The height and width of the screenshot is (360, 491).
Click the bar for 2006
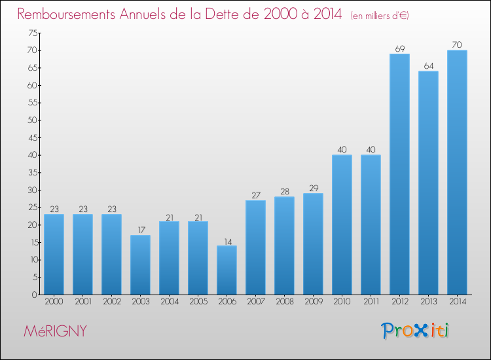tap(227, 270)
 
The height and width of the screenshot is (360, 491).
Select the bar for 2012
tap(399, 174)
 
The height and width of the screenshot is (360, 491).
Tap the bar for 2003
tap(140, 265)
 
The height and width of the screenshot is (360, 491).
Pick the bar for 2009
tap(313, 244)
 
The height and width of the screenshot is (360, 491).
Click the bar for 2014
tap(457, 172)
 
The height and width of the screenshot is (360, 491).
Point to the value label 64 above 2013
tap(429, 66)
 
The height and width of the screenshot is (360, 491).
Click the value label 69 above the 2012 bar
tap(400, 49)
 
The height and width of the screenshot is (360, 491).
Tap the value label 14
tap(228, 242)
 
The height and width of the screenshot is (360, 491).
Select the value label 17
tap(141, 230)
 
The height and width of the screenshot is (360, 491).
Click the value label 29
tap(314, 188)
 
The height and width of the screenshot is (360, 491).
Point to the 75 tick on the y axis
tap(33, 33)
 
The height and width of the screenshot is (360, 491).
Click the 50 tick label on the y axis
tap(33, 120)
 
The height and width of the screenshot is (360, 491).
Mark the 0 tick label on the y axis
tap(35, 295)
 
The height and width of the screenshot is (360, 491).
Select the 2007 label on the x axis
tap(256, 302)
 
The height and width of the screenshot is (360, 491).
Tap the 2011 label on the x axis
tap(371, 302)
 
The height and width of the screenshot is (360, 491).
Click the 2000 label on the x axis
tap(54, 302)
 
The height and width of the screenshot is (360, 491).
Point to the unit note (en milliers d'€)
tap(380, 15)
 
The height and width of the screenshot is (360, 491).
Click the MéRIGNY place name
tap(55, 331)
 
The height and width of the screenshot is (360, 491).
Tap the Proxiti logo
tap(415, 331)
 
